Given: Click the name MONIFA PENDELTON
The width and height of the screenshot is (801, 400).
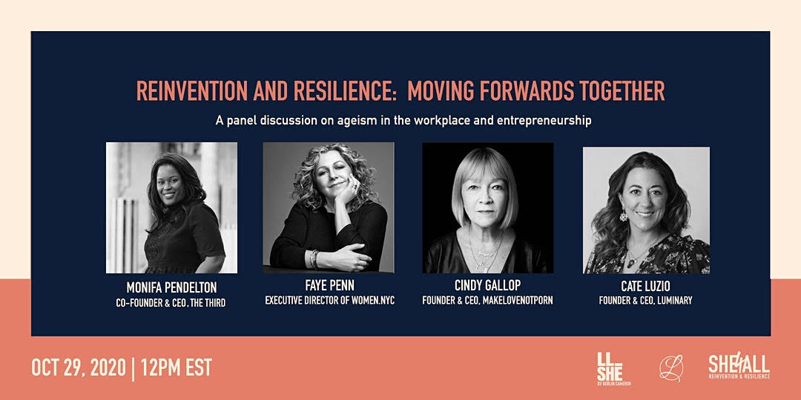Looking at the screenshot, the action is tap(171, 287).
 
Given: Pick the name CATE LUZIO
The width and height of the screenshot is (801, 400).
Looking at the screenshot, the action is tap(646, 286).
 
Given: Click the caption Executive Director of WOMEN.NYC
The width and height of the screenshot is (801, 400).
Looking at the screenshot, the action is tap(329, 301).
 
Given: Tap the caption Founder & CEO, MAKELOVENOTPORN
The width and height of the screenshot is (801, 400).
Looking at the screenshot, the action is tap(487, 301).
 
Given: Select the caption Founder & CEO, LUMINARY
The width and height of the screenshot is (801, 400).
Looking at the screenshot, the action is tap(646, 301).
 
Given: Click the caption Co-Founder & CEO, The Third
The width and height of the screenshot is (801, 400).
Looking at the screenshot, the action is tap(171, 303).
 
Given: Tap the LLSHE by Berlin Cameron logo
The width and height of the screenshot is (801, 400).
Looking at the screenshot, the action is tap(613, 369).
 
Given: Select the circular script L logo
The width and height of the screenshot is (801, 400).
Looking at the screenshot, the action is tap(670, 368).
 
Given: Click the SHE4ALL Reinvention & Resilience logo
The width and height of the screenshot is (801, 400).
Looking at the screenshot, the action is tap(739, 367).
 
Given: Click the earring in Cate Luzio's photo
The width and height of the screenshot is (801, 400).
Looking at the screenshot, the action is tap(623, 217).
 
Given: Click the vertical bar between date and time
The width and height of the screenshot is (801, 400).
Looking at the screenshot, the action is tap(133, 368).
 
